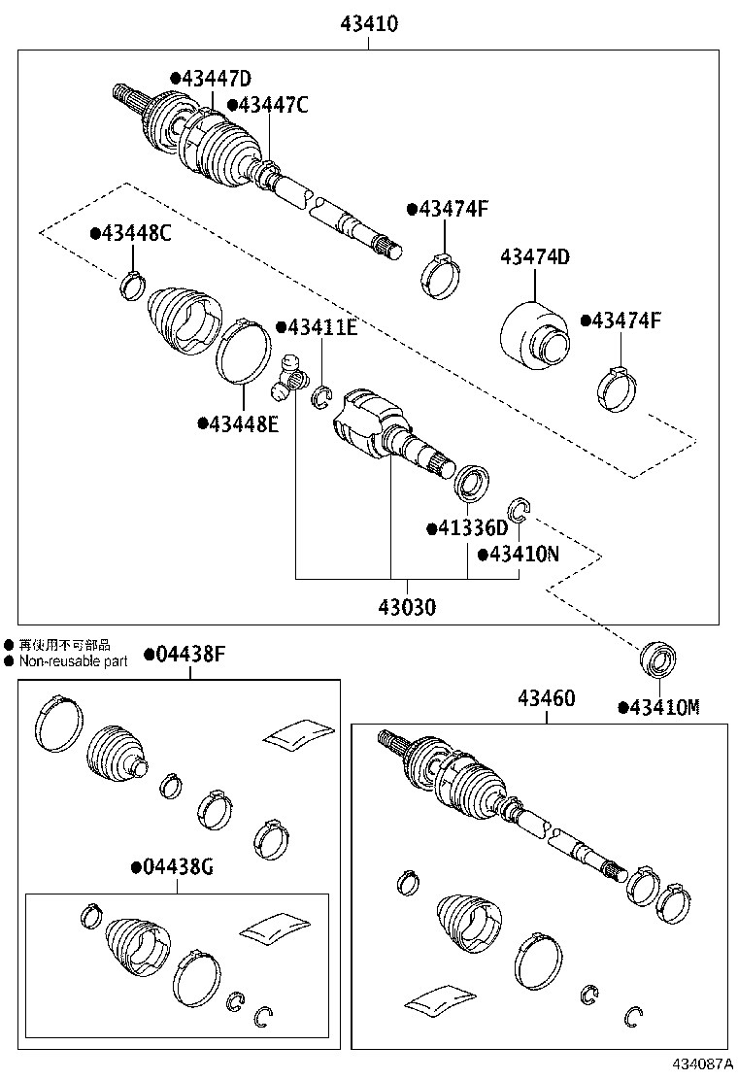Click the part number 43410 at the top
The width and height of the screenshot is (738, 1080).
(368, 23)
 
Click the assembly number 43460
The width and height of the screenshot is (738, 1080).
(546, 698)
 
